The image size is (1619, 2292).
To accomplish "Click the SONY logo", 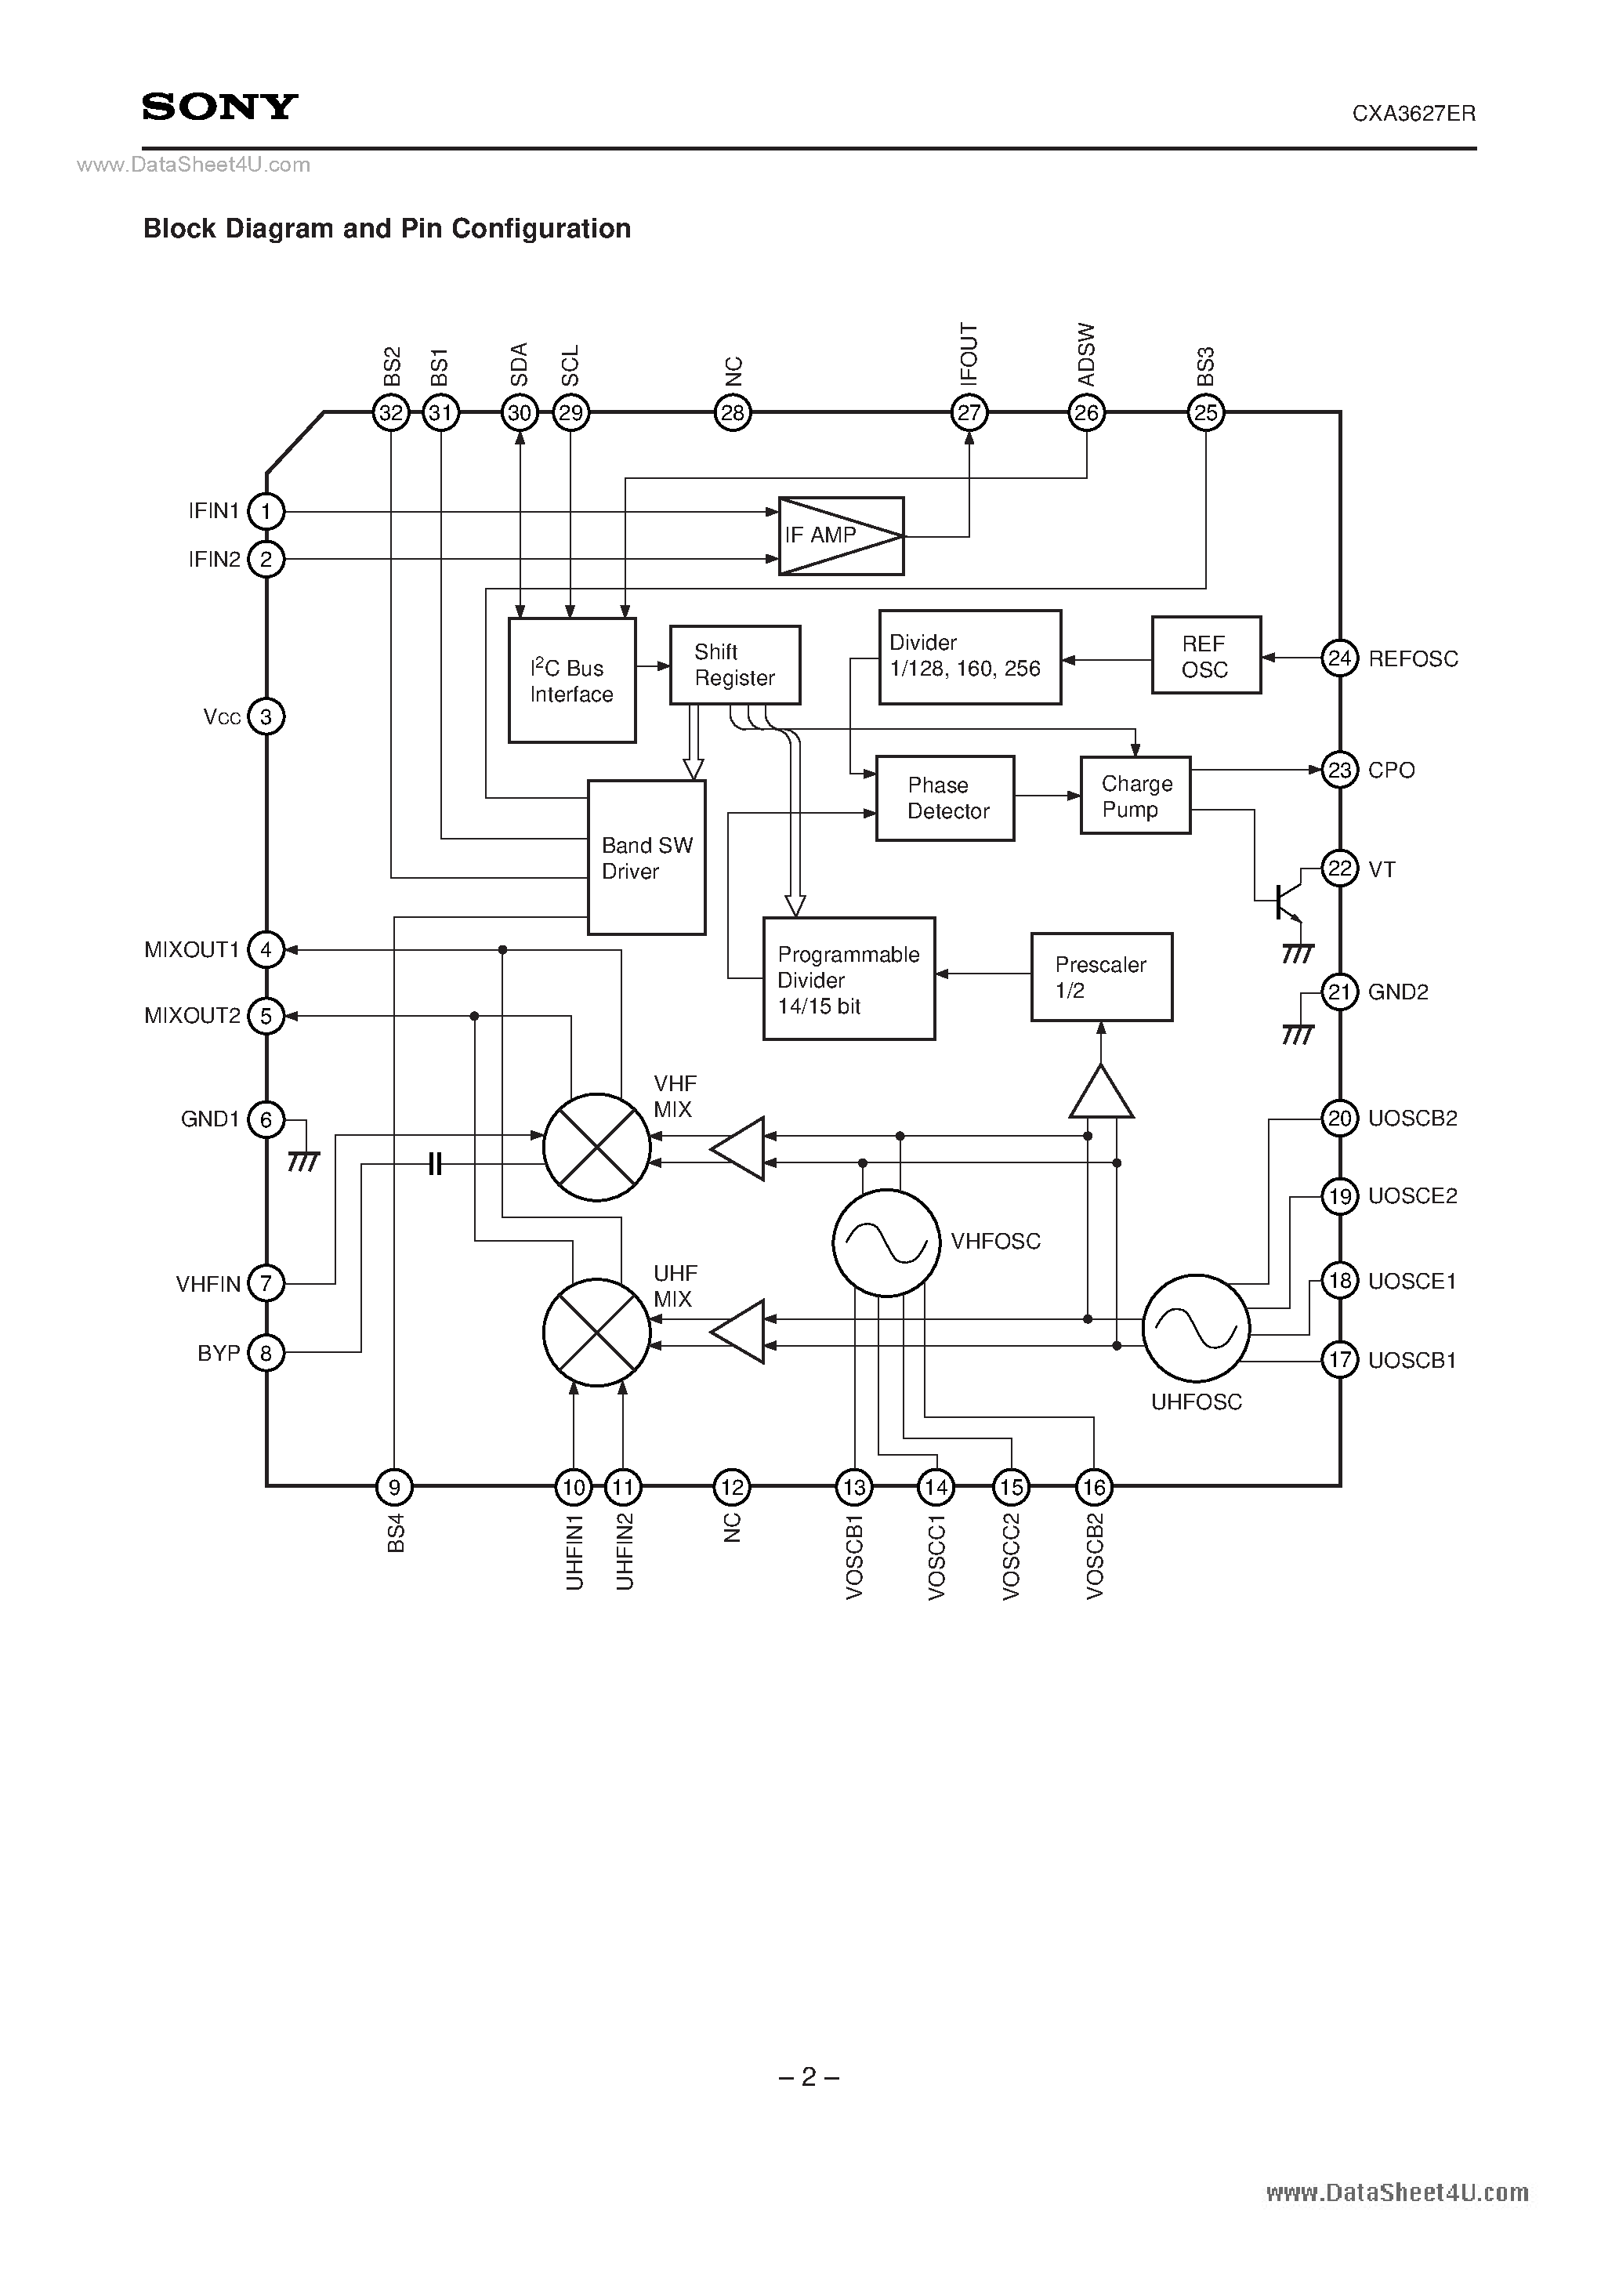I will (219, 107).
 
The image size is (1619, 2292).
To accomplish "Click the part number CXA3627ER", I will (1414, 114).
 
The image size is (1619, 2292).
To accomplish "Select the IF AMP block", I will (840, 536).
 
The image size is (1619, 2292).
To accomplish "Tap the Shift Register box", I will (734, 665).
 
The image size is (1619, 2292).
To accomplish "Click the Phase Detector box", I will (944, 799).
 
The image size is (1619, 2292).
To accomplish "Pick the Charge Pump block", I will (1135, 796).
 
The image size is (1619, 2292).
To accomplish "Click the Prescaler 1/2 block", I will (1101, 977).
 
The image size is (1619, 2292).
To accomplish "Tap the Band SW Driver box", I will (646, 858).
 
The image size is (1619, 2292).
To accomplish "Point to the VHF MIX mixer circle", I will (596, 1147).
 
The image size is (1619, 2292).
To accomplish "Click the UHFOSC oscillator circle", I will (1195, 1328).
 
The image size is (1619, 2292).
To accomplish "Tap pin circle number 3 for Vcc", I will (266, 716).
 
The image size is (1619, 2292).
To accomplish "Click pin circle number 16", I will (1094, 1489).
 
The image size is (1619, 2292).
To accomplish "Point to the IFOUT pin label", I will (969, 354).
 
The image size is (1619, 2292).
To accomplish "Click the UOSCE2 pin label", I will (1411, 1196).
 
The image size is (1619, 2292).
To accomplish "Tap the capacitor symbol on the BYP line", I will (434, 1163).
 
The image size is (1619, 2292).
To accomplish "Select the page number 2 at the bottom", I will (809, 2077).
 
